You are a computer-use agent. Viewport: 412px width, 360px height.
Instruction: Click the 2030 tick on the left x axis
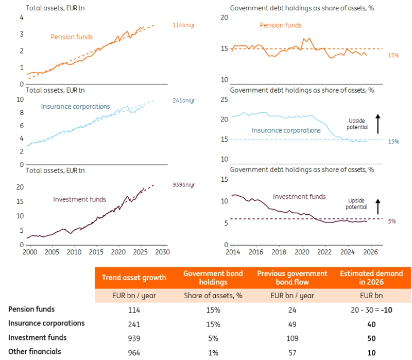[162, 252]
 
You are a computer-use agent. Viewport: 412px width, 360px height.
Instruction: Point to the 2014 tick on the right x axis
[233, 252]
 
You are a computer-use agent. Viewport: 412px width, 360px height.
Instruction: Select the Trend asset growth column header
[134, 278]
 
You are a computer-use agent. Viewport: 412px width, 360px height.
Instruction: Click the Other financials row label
[35, 352]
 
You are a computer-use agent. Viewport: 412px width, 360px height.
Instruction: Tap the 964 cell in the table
[134, 353]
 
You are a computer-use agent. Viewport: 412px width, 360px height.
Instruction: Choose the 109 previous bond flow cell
[291, 338]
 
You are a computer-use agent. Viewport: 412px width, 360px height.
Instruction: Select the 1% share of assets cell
[213, 353]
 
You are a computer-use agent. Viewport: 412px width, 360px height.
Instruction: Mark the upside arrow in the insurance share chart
[377, 124]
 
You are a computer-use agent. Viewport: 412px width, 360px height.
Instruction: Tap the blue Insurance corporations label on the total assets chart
[76, 107]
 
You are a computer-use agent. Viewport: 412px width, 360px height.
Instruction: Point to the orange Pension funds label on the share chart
[280, 25]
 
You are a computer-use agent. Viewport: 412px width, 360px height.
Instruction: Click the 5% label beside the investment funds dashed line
[392, 221]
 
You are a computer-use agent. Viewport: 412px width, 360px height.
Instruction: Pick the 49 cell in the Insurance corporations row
[291, 324]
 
